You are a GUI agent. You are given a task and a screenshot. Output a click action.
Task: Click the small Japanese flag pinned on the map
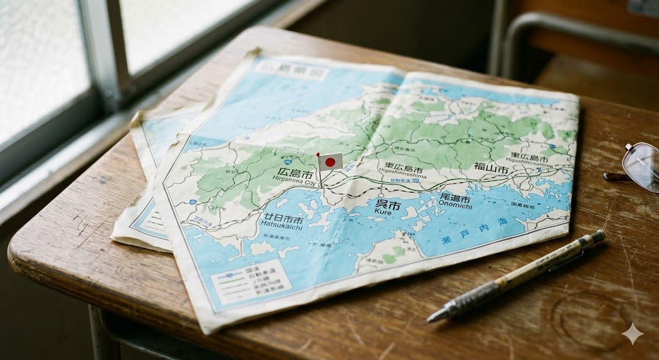(x=329, y=162)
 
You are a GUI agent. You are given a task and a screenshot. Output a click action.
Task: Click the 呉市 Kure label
(x=387, y=206)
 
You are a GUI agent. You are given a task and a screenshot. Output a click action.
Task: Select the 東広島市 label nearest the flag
(x=404, y=169)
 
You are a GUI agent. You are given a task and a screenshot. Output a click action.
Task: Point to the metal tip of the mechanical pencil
(x=433, y=317)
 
